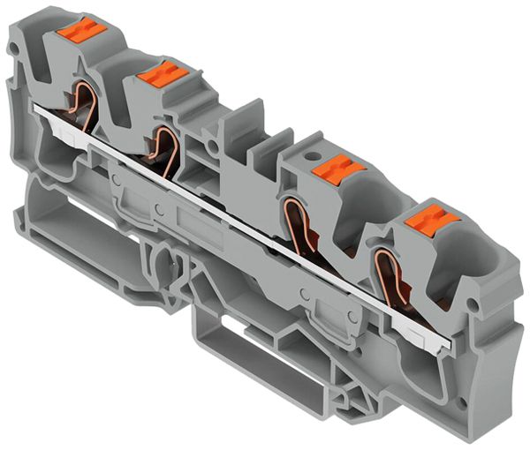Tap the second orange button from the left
tap(162, 76)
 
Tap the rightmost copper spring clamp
tap(386, 274)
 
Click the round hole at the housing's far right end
tap(475, 305)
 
